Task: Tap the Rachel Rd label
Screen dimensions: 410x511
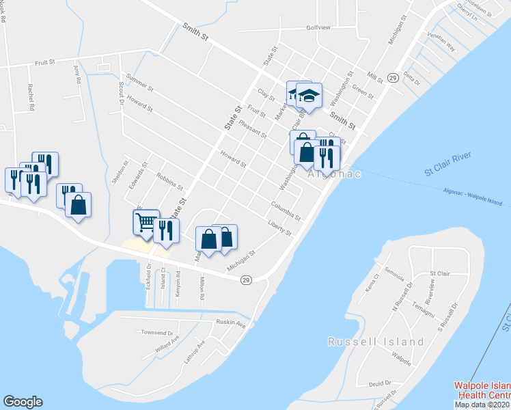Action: [31, 96]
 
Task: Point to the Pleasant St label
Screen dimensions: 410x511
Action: [253, 126]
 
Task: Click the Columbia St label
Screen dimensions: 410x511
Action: [285, 210]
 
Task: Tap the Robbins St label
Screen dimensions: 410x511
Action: [169, 181]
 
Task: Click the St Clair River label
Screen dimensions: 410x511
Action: [448, 165]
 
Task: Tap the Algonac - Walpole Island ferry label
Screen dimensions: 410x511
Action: [472, 197]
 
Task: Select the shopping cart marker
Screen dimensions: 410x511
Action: [146, 222]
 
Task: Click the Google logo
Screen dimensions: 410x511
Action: [23, 402]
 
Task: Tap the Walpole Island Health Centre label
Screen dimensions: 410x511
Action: [482, 392]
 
